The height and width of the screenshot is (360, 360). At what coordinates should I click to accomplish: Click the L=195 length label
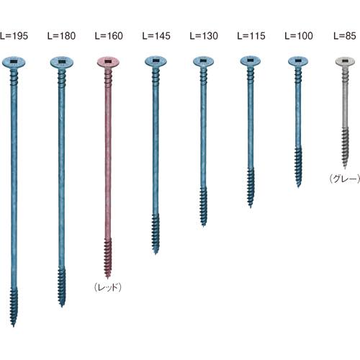coord(14,36)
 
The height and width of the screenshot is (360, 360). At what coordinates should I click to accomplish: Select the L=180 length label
coord(61,36)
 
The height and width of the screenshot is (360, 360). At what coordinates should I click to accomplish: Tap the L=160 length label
coord(109,36)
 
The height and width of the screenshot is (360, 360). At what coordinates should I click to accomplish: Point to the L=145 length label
coord(156,36)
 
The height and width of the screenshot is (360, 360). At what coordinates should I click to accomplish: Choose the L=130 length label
coord(204,36)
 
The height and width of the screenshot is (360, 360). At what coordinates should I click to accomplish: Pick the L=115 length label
coord(251,36)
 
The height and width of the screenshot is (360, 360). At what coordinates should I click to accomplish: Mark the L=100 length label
coord(299,36)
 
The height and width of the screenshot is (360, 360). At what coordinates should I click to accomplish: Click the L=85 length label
coord(345,36)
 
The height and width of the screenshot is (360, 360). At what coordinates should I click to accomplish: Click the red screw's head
coord(108,63)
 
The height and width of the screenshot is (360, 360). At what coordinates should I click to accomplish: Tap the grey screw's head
coord(345,62)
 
